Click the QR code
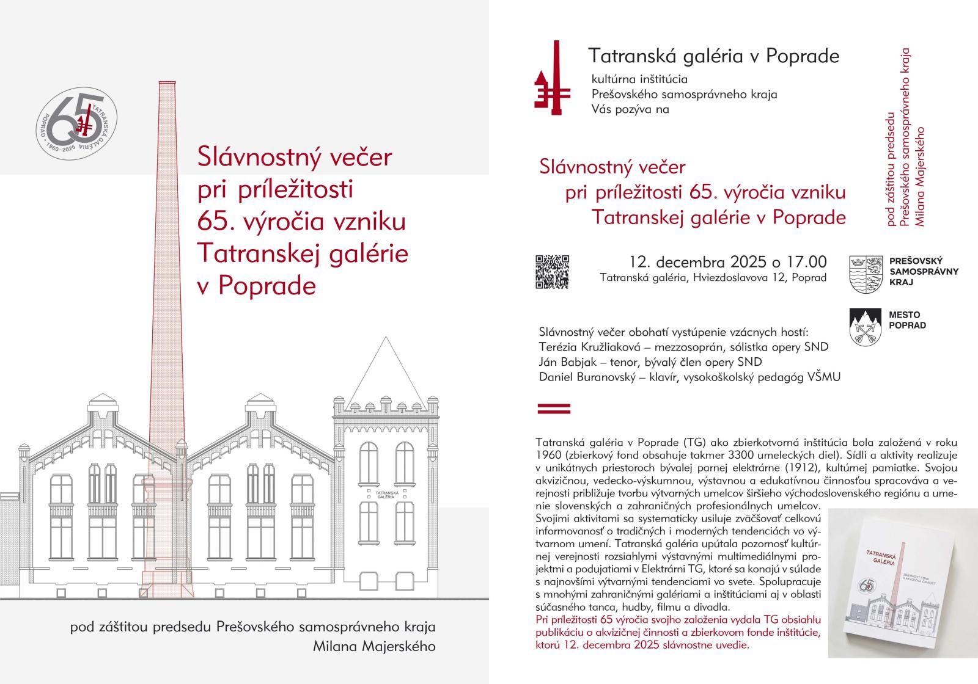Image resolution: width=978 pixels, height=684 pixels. point(552,271)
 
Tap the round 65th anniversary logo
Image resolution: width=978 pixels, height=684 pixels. point(77,123)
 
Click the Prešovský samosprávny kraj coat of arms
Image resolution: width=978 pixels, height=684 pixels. point(866,274)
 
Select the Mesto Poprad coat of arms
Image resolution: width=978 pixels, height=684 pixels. point(865,327)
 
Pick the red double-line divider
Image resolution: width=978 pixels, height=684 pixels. point(553,408)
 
